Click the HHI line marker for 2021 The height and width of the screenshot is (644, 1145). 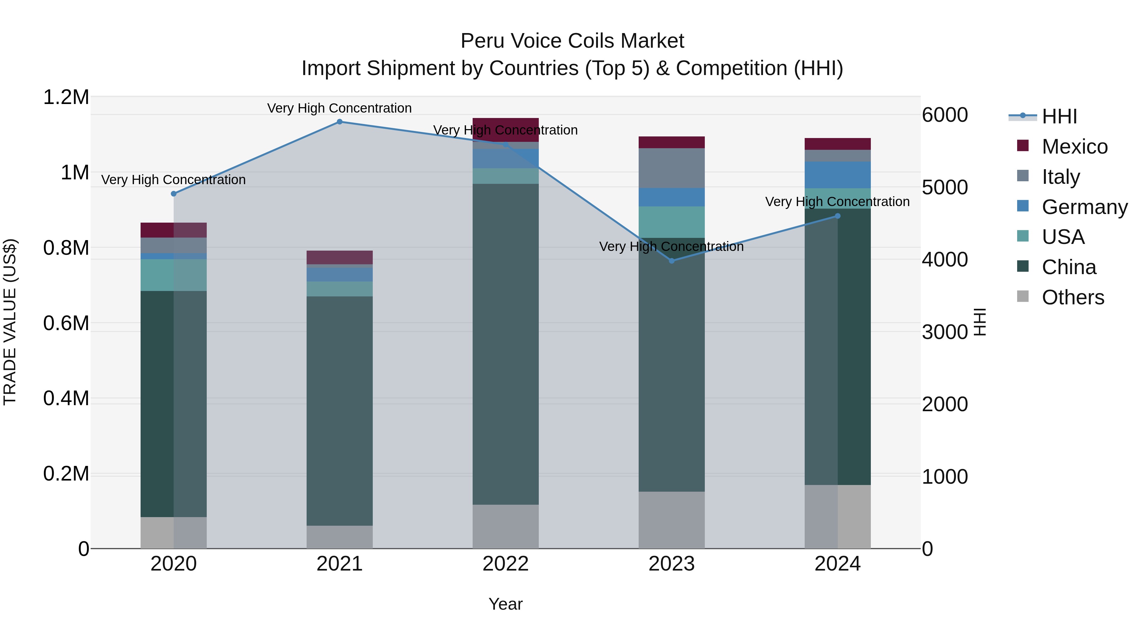click(x=340, y=122)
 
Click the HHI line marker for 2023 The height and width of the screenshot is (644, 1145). click(x=672, y=261)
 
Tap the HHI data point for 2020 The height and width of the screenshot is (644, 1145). click(x=174, y=194)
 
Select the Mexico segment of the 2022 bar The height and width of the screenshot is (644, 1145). click(x=505, y=130)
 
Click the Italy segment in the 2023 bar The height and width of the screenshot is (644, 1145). click(x=672, y=168)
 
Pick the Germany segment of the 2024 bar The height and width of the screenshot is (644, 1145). click(x=837, y=175)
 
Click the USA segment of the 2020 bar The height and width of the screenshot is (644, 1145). click(x=174, y=275)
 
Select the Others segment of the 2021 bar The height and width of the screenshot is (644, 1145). click(x=340, y=537)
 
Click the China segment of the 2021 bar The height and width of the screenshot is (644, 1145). click(x=340, y=411)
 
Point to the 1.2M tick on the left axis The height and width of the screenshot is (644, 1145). click(x=66, y=97)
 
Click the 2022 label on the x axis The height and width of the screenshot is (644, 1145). click(x=505, y=564)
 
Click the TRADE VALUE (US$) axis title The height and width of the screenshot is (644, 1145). click(x=10, y=322)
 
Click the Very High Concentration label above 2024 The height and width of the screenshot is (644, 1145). click(x=837, y=202)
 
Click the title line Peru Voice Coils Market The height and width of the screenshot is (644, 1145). click(x=572, y=41)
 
